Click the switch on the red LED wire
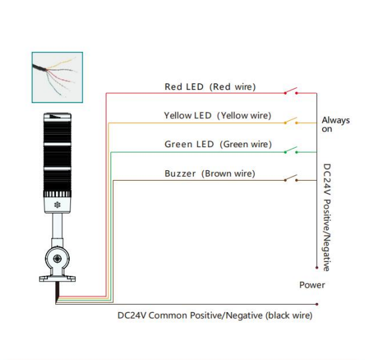pos(291,91)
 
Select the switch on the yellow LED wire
pos(291,121)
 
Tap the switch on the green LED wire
pos(291,150)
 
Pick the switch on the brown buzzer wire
pos(291,178)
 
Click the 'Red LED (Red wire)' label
pos(210,87)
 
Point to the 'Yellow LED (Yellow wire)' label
pos(218,116)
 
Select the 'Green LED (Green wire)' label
pos(218,144)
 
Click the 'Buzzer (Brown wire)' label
pos(210,173)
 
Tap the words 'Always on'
pos(335,124)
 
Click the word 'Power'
pos(312,285)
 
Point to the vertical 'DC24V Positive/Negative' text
pos(327,217)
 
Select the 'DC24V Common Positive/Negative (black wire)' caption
pos(215,315)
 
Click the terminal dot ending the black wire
pos(317,304)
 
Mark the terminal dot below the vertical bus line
pos(317,267)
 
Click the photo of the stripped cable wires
pos(57,78)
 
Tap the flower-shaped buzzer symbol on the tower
pos(57,205)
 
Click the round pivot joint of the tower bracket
pos(57,258)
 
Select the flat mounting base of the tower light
pos(57,279)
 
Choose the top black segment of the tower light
pos(57,128)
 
